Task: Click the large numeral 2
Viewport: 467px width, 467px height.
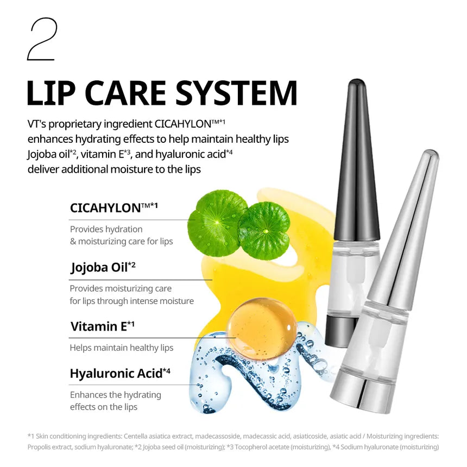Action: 42,39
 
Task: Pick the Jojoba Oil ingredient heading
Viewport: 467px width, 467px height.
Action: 103,267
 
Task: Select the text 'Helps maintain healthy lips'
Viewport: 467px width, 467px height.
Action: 121,348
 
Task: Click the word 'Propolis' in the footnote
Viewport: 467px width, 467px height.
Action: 40,447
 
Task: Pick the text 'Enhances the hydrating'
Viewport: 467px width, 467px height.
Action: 115,395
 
